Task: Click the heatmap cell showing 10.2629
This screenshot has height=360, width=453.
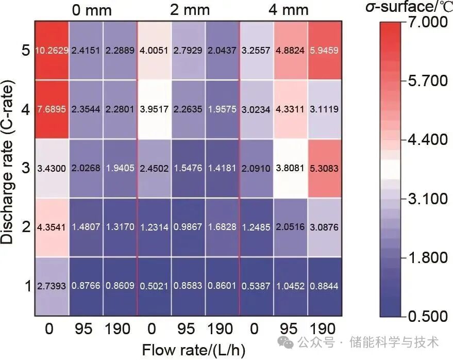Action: click(x=52, y=51)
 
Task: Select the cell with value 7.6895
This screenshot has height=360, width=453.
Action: click(x=52, y=109)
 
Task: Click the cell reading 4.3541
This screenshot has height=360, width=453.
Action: click(x=52, y=227)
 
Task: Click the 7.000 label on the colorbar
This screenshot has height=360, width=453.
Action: click(x=427, y=23)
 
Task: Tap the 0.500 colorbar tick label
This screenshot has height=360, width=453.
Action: click(x=427, y=316)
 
